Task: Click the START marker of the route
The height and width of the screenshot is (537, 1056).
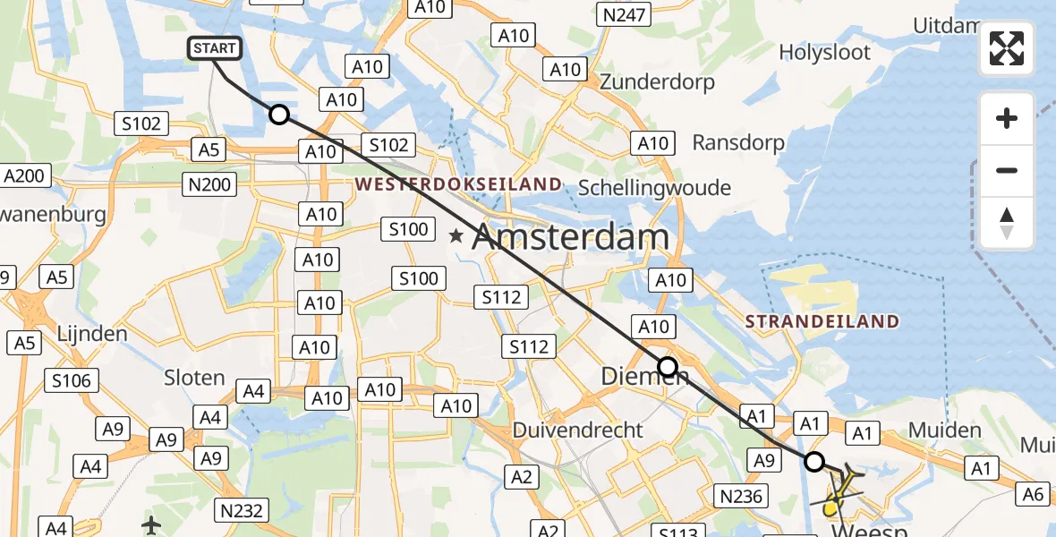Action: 215,48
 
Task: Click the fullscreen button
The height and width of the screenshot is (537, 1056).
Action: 1007,48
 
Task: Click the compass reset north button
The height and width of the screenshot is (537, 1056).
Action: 1007,223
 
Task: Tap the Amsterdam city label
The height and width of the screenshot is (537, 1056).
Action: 570,237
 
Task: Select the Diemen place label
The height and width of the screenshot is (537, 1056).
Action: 644,377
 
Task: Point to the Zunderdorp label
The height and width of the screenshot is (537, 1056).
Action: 658,82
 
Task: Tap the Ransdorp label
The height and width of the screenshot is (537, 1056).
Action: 738,142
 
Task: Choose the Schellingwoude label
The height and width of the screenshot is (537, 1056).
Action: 654,188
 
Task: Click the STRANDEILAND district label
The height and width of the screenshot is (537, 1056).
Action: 822,321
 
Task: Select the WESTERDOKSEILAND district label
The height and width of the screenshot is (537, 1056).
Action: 459,184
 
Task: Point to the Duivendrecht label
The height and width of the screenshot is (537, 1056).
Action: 577,430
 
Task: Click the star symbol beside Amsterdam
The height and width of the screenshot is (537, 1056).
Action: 456,237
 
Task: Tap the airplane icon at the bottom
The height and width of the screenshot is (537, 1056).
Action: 151,524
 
